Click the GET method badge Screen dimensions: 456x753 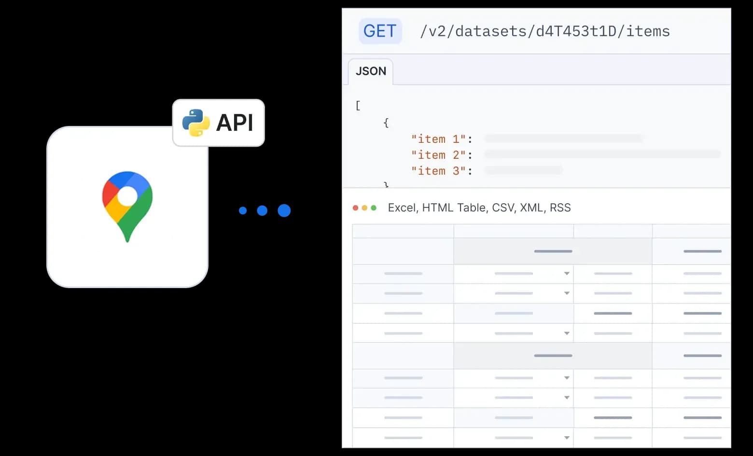click(380, 31)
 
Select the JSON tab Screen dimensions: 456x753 click(371, 71)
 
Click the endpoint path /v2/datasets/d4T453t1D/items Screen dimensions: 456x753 click(544, 31)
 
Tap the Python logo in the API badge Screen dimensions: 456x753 click(195, 123)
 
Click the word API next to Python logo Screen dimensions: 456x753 click(235, 123)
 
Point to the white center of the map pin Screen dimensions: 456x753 click(127, 196)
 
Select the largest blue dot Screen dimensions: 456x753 click(284, 210)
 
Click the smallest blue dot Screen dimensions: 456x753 click(243, 210)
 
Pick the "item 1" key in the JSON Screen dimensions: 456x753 click(438, 139)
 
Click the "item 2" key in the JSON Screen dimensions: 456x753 click(438, 155)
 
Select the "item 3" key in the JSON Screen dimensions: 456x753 click(438, 171)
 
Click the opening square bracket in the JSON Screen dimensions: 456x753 click(358, 106)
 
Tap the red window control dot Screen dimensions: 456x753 click(356, 208)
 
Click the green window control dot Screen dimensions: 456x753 click(374, 208)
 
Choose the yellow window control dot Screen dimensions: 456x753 click(364, 208)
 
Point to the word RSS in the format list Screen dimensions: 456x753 click(560, 208)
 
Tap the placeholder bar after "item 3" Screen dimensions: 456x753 click(523, 170)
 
